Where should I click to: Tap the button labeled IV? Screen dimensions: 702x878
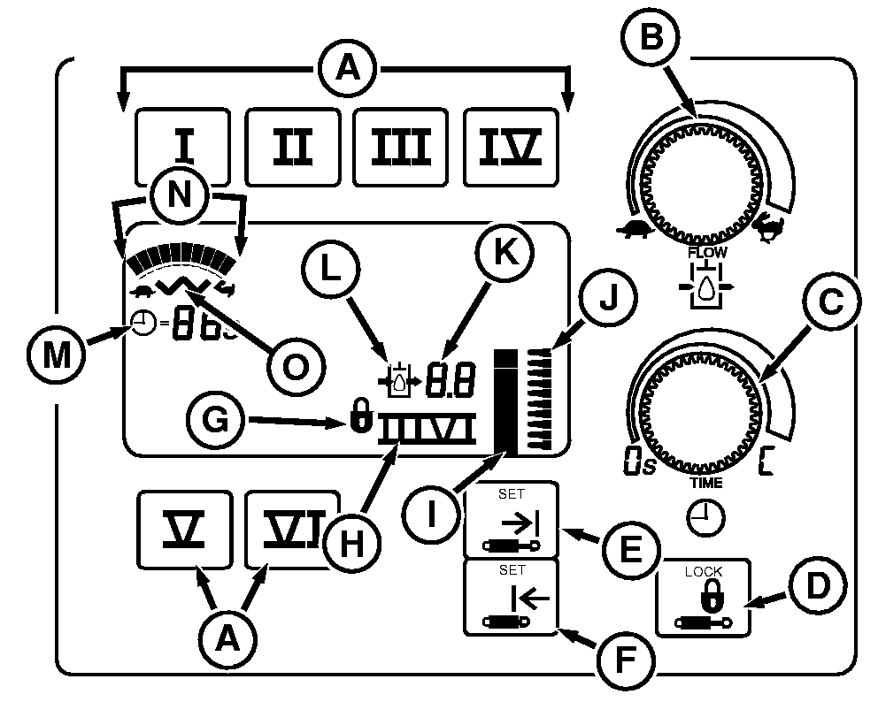512,147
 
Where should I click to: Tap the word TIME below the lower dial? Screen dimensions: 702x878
705,483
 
